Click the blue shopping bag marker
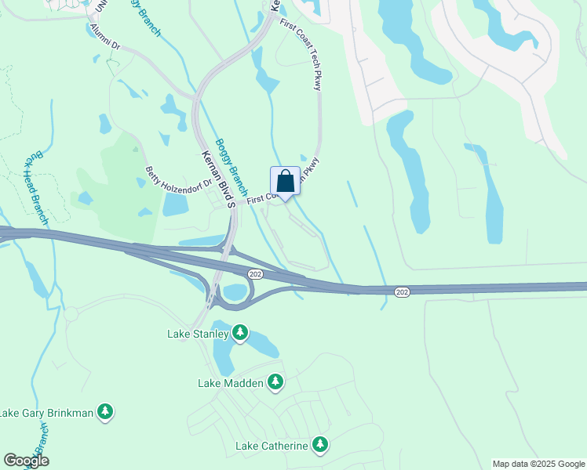click(x=285, y=181)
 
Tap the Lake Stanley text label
click(x=198, y=334)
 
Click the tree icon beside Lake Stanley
click(x=241, y=334)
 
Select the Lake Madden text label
click(x=231, y=383)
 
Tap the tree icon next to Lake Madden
click(x=275, y=382)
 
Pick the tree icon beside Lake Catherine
click(x=319, y=445)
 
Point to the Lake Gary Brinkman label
click(x=46, y=413)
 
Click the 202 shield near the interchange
click(x=254, y=273)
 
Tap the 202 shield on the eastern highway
click(x=402, y=292)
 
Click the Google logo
click(x=26, y=461)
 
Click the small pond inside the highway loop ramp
click(x=234, y=292)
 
